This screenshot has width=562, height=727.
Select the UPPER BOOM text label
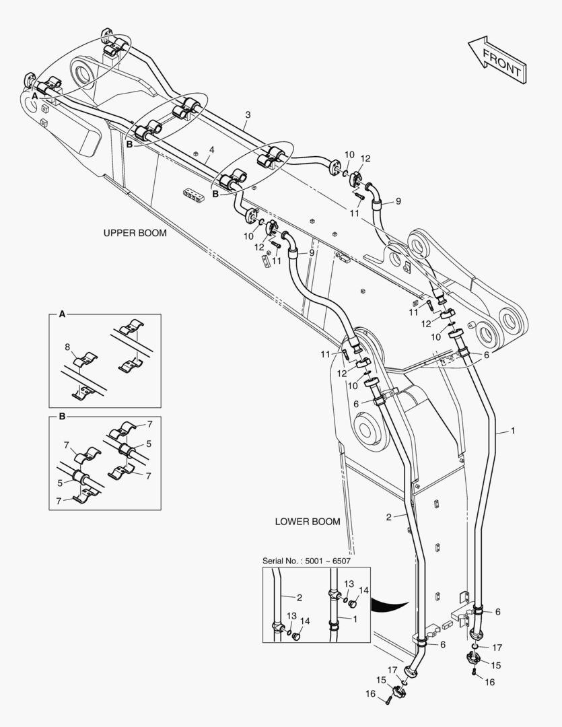tap(135, 233)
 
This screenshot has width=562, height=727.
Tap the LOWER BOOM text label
tap(308, 522)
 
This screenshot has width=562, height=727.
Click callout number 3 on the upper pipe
tap(248, 116)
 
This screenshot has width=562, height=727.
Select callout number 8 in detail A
tap(67, 347)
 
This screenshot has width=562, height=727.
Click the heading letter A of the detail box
tap(62, 314)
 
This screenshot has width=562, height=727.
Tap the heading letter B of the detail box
tap(62, 417)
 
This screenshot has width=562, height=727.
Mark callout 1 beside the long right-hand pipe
tap(513, 429)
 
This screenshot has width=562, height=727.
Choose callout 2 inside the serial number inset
tap(300, 596)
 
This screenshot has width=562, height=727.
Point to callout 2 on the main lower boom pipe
tap(389, 517)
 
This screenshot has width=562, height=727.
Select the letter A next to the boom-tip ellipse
tap(33, 97)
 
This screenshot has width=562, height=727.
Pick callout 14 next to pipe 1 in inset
tap(364, 590)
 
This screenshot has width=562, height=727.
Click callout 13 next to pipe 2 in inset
tap(291, 616)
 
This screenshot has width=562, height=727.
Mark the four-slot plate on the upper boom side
tap(193, 195)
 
